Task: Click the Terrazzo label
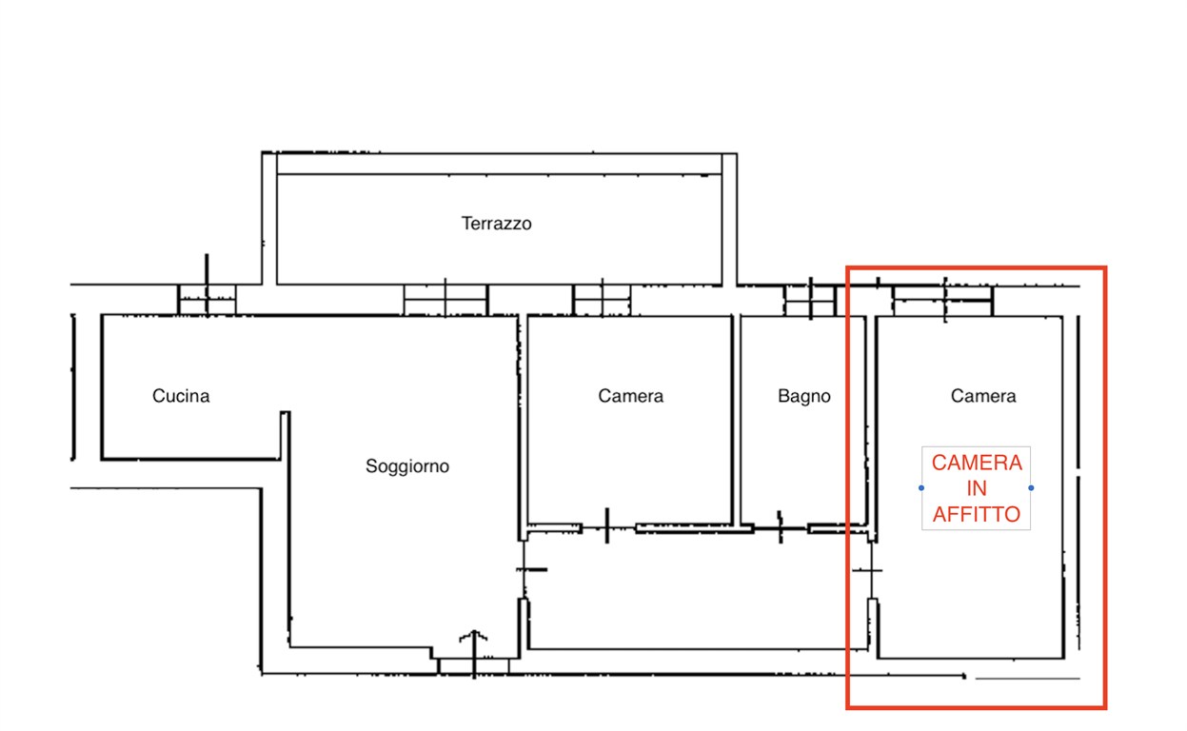coord(496,224)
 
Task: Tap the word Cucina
coord(181,396)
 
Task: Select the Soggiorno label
coord(407,466)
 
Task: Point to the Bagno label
coord(804,396)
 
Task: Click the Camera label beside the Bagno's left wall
coord(630,396)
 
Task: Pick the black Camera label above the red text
coord(983,396)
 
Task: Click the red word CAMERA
coord(977,463)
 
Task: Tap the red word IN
coord(977,488)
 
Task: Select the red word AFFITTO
coord(977,514)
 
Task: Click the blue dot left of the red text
coord(921,488)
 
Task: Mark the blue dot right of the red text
coord(1031,488)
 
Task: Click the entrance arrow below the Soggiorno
coord(474,653)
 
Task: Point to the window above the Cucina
coord(207,299)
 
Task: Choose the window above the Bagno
coord(810,301)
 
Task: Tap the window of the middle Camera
coord(602,301)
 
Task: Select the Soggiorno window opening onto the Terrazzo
coord(445,301)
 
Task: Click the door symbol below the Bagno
coord(780,527)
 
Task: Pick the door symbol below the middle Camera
coord(607,526)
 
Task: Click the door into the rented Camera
coord(871,570)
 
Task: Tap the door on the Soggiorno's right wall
coord(524,570)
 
